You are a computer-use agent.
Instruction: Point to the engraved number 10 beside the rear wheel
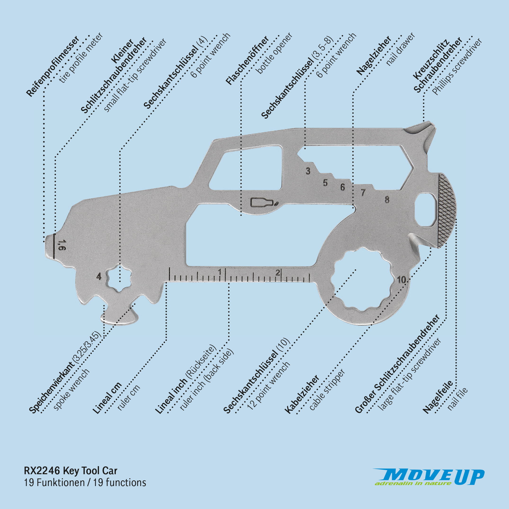(402, 280)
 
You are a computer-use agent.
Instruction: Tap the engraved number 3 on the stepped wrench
(308, 171)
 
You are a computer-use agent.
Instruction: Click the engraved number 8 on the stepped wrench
(387, 199)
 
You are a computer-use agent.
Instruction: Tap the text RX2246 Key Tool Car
(71, 471)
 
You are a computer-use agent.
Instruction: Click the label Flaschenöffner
(247, 61)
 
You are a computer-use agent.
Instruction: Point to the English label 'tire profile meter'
(81, 58)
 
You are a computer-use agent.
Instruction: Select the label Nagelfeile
(438, 397)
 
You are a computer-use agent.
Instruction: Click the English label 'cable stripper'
(327, 390)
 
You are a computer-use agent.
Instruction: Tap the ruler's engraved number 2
(278, 273)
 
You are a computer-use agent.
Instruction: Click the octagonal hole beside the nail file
(426, 210)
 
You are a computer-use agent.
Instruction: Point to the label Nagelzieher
(374, 56)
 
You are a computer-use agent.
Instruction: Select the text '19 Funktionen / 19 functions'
(85, 483)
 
